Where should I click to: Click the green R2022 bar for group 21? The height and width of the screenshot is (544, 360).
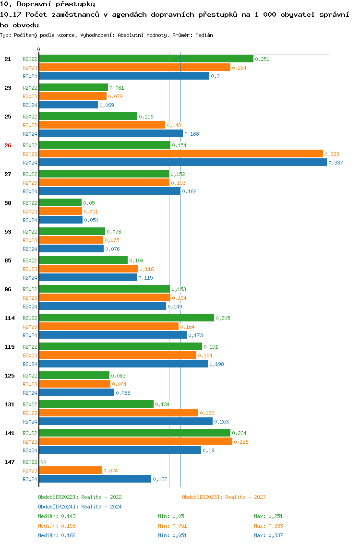pos(146,59)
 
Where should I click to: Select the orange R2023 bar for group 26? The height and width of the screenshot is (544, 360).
pos(181,154)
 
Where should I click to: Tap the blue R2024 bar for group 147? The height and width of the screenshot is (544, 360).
pos(95,479)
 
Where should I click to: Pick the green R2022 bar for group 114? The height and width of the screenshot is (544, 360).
pos(126,318)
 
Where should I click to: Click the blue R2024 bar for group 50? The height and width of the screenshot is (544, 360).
pos(60,220)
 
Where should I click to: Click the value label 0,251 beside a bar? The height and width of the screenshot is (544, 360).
pos(262,59)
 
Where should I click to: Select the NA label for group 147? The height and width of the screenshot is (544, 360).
pos(43,462)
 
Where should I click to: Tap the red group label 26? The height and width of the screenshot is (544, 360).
pos(8,145)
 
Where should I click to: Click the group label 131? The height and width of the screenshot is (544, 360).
pos(10,404)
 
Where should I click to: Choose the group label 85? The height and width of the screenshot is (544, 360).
pos(8,260)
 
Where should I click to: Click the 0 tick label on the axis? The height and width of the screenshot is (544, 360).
pos(39,49)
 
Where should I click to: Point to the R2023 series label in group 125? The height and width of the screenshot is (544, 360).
pos(30,384)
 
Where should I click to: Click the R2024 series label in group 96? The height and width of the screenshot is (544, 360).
pos(30,307)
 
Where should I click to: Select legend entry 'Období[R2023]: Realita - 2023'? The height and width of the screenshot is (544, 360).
pos(224,497)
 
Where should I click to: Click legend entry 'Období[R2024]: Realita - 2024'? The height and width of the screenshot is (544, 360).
pos(80,507)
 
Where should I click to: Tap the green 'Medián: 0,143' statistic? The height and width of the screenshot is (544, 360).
pos(57,516)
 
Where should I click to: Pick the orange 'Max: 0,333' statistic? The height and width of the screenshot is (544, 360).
pos(268,526)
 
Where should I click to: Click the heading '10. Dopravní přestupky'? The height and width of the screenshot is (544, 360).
pos(48,4)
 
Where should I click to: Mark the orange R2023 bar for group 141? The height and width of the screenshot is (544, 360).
pos(135,442)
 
